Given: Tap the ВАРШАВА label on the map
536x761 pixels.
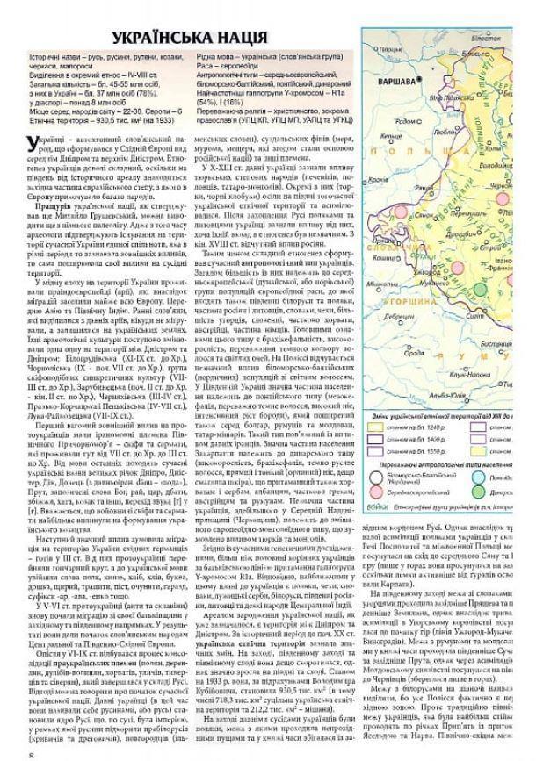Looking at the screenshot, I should click(x=395, y=81).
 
